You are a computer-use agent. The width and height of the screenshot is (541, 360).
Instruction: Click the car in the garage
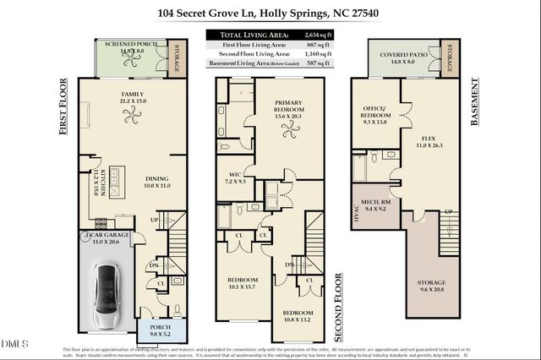click(x=108, y=296)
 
